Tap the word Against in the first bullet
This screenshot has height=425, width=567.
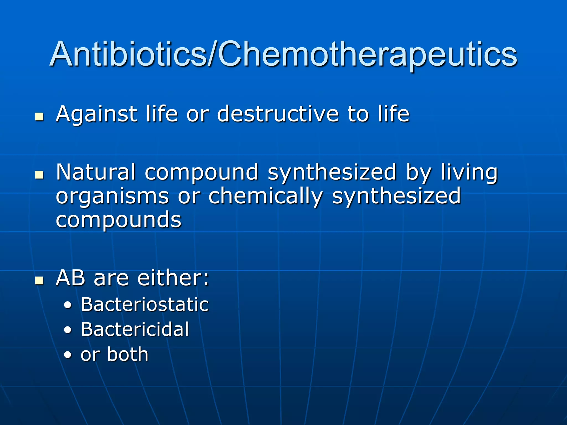96,114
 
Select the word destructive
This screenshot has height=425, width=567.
278,114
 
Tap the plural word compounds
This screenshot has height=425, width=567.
118,219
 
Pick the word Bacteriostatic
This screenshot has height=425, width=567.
145,305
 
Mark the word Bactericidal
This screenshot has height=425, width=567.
135,329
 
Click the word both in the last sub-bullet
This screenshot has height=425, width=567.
128,354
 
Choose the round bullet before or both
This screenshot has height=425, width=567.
68,355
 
